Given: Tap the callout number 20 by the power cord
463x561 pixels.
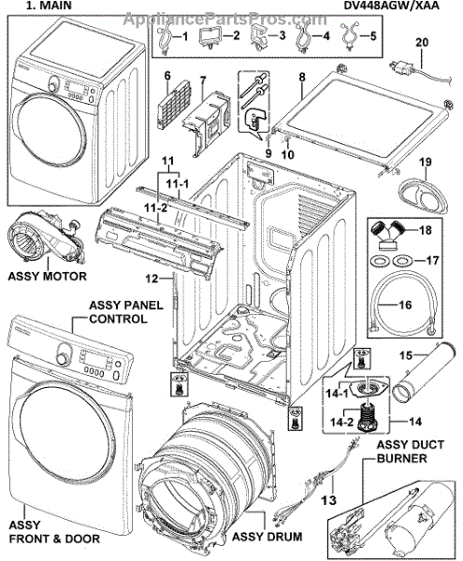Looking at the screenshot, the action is tap(422, 42).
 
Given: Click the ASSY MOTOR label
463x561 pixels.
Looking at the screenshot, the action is tap(47, 276).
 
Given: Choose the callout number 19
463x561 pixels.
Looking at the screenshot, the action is tap(426, 162).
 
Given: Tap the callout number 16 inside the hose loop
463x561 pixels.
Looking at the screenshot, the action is tap(405, 305).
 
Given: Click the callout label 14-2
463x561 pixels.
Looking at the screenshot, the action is tap(341, 422).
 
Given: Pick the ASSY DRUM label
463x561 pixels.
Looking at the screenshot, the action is tap(267, 537).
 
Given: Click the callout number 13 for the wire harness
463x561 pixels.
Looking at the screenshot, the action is tap(329, 499).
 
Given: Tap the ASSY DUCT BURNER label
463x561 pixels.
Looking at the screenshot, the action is tap(411, 452).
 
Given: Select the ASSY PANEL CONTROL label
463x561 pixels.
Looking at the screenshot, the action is tap(125, 312).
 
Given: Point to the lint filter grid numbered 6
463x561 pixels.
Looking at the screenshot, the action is tap(174, 102).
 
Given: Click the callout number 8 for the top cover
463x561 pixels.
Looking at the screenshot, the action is tap(302, 77).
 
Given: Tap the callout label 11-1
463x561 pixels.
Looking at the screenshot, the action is tap(177, 184).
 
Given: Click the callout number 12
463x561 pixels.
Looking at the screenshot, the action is tap(152, 279).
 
